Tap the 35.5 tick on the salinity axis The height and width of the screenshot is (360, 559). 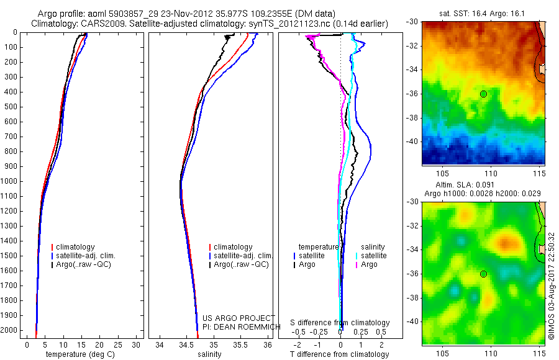(x=240, y=344)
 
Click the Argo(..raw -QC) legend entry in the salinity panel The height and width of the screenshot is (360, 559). (x=241, y=264)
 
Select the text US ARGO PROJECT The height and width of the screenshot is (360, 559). (x=239, y=318)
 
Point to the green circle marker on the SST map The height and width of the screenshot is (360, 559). (x=483, y=94)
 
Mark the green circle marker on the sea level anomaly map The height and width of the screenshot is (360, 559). (x=483, y=274)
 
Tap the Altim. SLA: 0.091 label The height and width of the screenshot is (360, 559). (x=483, y=185)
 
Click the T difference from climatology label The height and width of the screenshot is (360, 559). (x=339, y=354)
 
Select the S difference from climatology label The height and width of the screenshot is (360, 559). (x=340, y=323)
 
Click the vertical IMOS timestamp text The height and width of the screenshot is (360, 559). (x=552, y=286)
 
